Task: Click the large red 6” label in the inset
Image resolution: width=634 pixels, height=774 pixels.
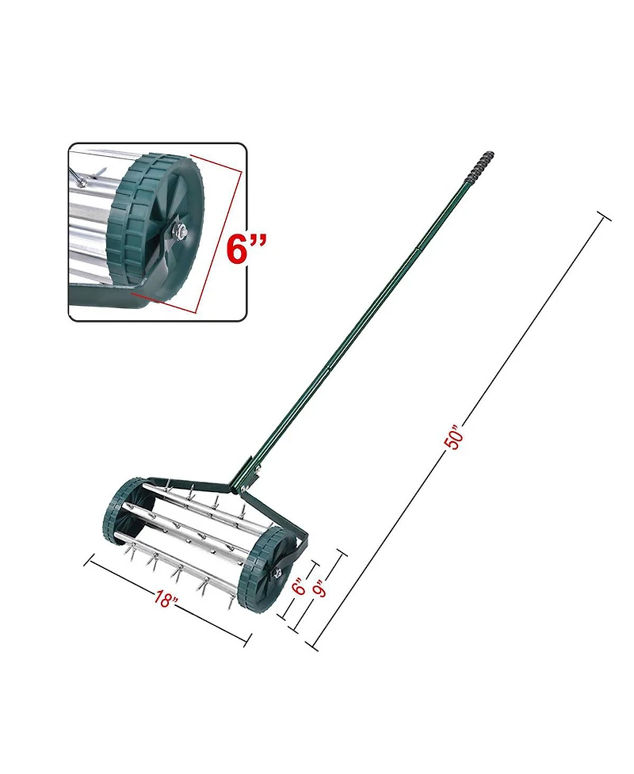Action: coord(246,248)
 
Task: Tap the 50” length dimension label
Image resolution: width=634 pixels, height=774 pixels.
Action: coord(453,438)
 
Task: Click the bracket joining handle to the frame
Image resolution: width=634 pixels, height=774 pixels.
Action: coord(246,477)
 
